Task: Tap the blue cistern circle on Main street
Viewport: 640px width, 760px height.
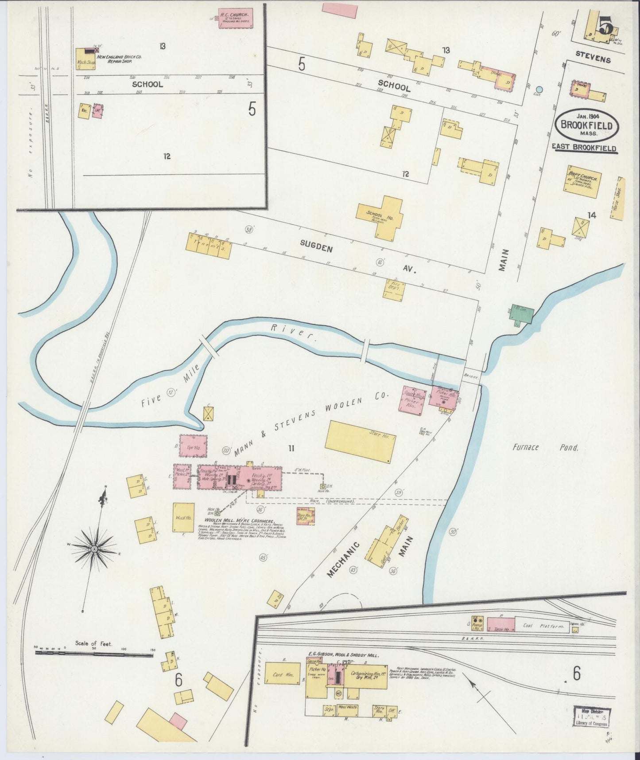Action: tap(539, 89)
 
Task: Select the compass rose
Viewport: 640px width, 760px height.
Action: tap(94, 549)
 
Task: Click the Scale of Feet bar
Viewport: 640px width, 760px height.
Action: tap(94, 653)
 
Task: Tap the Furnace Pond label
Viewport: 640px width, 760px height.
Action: tap(545, 447)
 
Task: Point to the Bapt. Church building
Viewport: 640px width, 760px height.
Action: tap(582, 181)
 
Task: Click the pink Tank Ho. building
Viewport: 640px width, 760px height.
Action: tap(501, 624)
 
